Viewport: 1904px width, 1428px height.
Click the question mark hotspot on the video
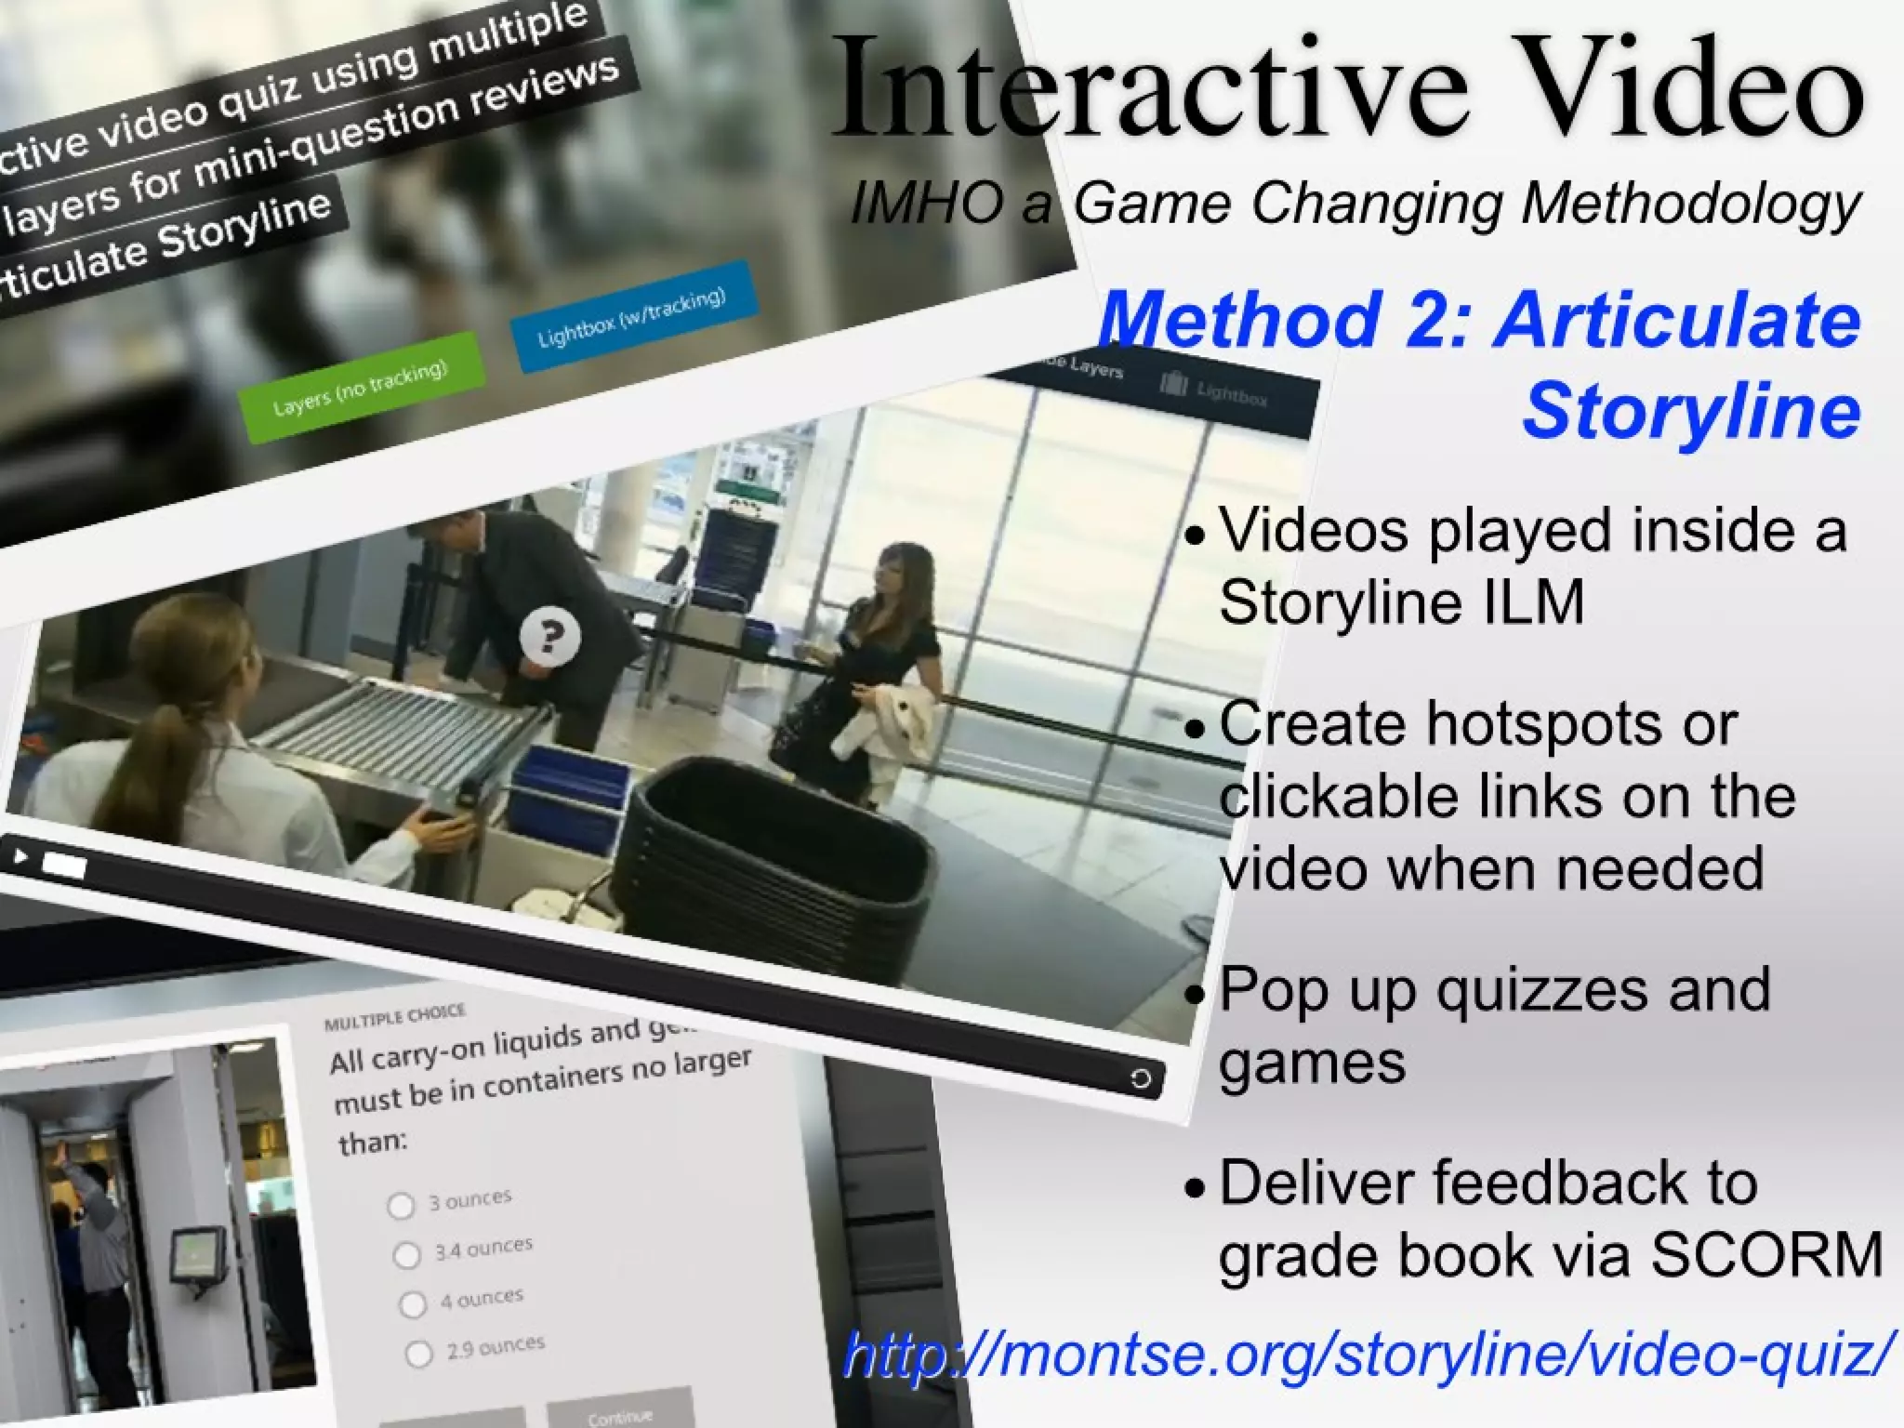coord(549,636)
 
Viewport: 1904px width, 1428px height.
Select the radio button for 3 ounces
coord(401,1206)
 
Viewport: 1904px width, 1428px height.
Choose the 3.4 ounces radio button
coord(406,1255)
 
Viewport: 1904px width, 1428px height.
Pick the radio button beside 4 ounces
coord(413,1304)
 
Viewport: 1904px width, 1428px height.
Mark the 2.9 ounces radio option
coord(419,1354)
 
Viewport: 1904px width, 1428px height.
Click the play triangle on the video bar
coord(20,855)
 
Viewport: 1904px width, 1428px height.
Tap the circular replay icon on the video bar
coord(1140,1078)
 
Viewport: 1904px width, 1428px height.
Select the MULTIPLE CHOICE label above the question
coord(394,1017)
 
